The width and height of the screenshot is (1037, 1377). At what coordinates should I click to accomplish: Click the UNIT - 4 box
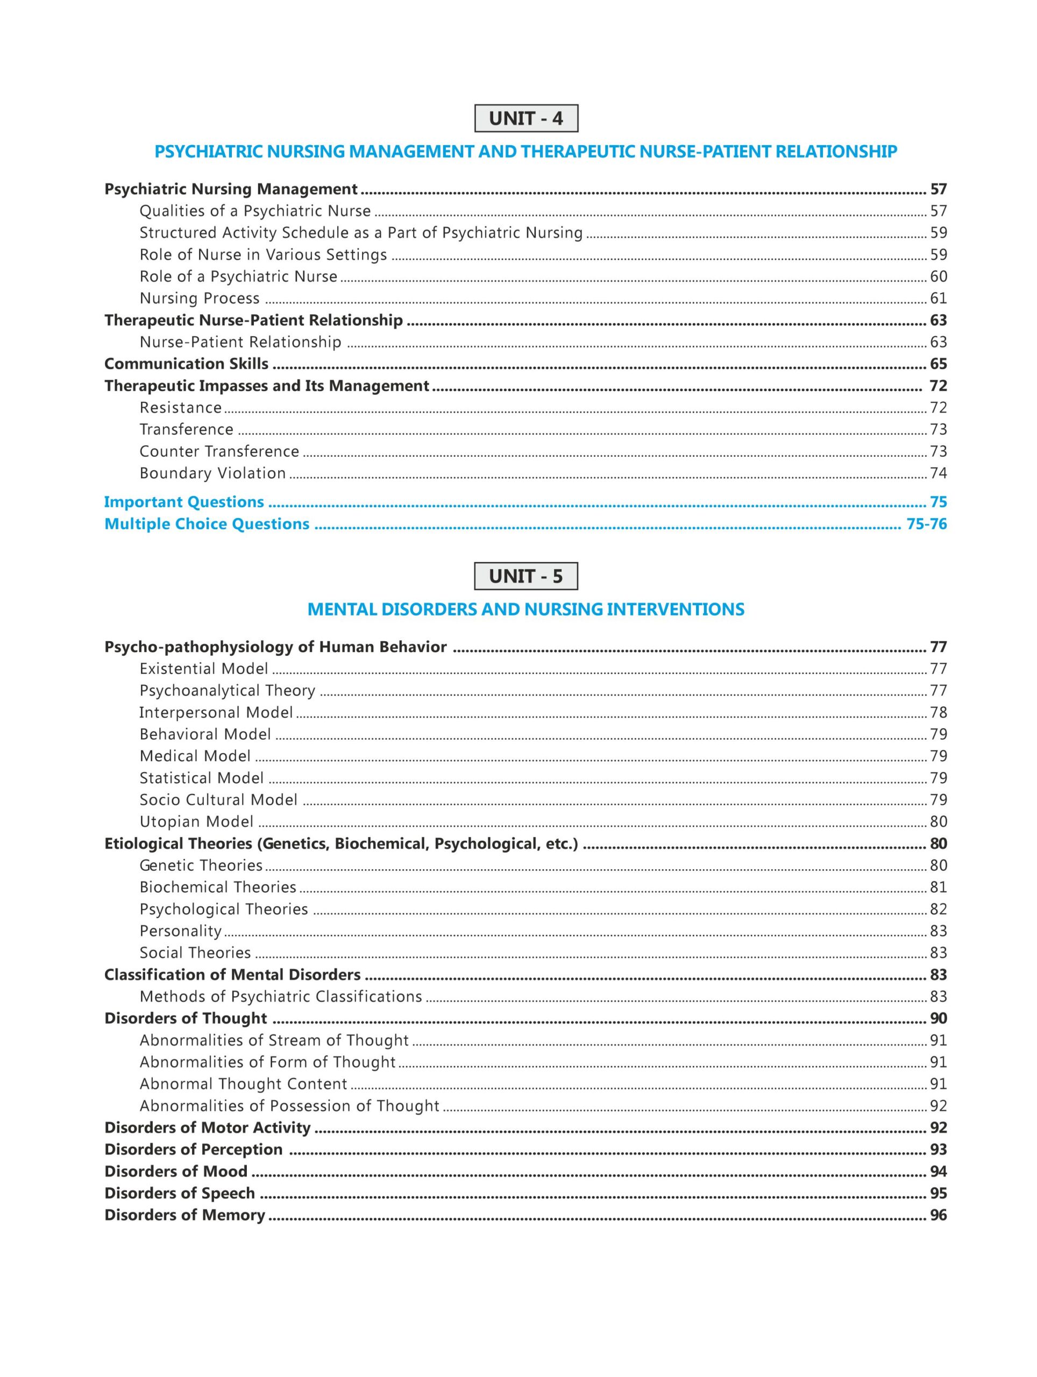pyautogui.click(x=526, y=118)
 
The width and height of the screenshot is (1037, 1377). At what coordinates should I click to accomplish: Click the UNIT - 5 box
pyautogui.click(x=526, y=576)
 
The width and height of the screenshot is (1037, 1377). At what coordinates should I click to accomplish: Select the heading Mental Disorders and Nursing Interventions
pyautogui.click(x=526, y=609)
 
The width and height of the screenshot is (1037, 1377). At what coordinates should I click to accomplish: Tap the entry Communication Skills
pyautogui.click(x=186, y=364)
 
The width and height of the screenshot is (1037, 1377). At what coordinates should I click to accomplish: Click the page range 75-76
pyautogui.click(x=926, y=524)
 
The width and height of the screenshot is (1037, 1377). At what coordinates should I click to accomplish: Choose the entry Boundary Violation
pyautogui.click(x=212, y=473)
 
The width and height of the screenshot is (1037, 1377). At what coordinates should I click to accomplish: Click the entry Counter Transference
pyautogui.click(x=219, y=451)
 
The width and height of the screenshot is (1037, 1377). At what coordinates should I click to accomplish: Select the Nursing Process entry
pyautogui.click(x=199, y=298)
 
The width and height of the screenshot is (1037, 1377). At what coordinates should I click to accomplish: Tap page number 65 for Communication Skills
pyautogui.click(x=938, y=364)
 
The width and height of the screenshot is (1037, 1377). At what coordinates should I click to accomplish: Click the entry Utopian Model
pyautogui.click(x=196, y=822)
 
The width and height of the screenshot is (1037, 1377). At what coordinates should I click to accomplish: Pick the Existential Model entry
pyautogui.click(x=203, y=669)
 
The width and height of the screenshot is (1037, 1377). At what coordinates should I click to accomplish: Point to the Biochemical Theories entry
pyautogui.click(x=218, y=887)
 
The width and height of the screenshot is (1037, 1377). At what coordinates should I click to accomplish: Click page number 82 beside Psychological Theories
pyautogui.click(x=938, y=909)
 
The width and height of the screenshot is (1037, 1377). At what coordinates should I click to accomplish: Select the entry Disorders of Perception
pyautogui.click(x=193, y=1149)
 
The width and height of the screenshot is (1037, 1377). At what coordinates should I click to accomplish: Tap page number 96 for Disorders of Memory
pyautogui.click(x=938, y=1215)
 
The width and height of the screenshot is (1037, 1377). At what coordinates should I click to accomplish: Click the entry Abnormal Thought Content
pyautogui.click(x=243, y=1084)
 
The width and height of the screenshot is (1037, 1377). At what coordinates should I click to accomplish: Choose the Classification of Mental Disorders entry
pyautogui.click(x=232, y=974)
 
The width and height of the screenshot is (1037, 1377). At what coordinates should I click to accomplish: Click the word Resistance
pyautogui.click(x=181, y=408)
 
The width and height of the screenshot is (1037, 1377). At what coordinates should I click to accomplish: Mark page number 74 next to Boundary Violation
pyautogui.click(x=938, y=473)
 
